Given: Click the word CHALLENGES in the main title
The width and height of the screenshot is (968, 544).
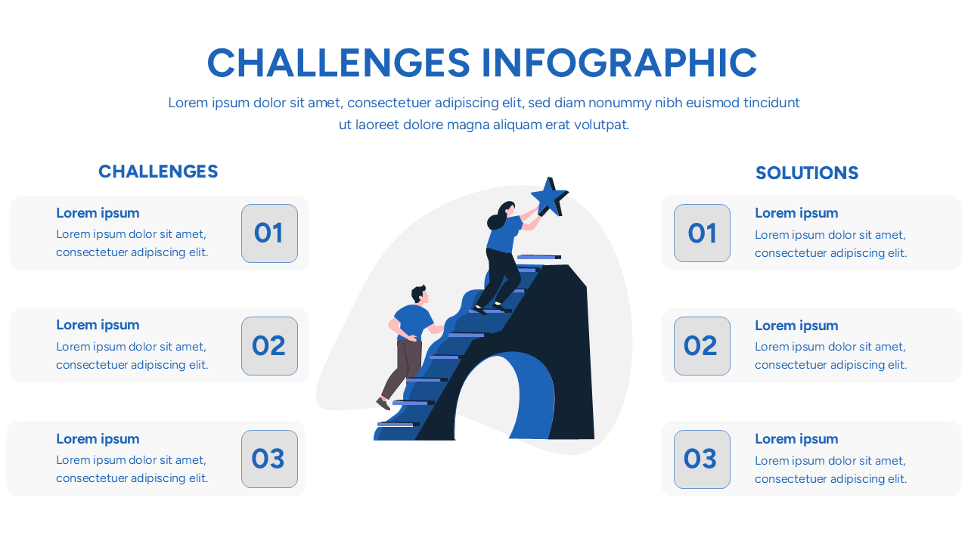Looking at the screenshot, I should click(x=338, y=63).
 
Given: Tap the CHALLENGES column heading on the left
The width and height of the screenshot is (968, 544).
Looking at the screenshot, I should click(x=158, y=172).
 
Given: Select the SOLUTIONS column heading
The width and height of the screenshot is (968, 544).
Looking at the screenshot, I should click(x=807, y=173).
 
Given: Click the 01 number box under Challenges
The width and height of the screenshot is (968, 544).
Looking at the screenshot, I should click(x=269, y=233).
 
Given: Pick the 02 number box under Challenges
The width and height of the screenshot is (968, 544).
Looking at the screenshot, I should click(x=269, y=346).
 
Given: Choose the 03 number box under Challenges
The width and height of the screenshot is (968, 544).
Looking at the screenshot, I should click(x=269, y=459).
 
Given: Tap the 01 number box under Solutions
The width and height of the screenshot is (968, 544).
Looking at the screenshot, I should click(x=702, y=233).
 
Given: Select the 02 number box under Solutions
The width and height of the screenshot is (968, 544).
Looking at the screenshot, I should click(x=702, y=346).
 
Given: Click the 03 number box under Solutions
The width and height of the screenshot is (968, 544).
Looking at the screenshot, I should click(x=702, y=459).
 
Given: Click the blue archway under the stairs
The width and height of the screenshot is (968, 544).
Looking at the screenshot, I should click(x=533, y=393).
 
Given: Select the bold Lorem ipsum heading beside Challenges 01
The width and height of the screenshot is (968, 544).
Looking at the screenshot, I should click(x=98, y=213).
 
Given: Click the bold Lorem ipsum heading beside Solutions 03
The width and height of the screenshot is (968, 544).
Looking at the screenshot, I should click(x=796, y=439).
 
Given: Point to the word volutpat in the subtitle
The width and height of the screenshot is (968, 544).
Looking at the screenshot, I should click(x=600, y=125).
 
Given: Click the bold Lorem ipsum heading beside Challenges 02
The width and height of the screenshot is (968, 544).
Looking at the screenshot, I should click(x=98, y=325).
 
